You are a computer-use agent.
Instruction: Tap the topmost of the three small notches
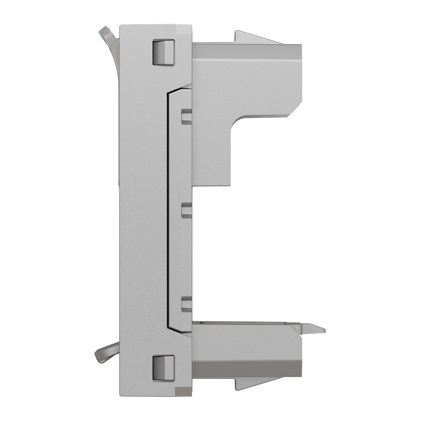coord(186,116)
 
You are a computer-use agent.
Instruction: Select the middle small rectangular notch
coord(186,210)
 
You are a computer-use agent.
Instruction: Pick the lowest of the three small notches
coord(186,304)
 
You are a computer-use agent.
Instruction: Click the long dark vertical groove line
coord(168,210)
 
